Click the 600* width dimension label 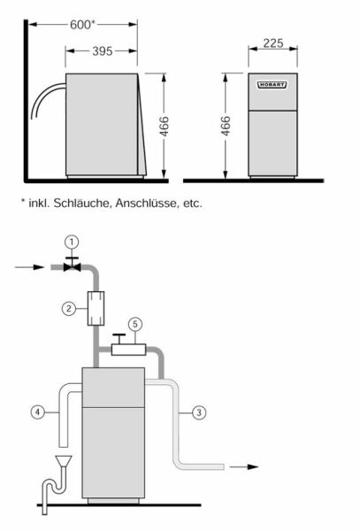(82, 25)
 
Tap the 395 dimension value (103, 51)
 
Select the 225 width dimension (273, 43)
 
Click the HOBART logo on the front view (272, 85)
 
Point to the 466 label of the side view (165, 127)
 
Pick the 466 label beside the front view (226, 126)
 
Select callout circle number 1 (72, 242)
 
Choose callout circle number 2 (69, 309)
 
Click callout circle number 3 (199, 412)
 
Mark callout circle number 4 (37, 412)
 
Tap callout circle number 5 (135, 325)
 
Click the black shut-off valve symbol (72, 265)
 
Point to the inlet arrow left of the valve (29, 267)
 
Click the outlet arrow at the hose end (243, 467)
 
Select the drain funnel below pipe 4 (63, 463)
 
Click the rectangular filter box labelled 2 (96, 309)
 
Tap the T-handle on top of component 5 (119, 339)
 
